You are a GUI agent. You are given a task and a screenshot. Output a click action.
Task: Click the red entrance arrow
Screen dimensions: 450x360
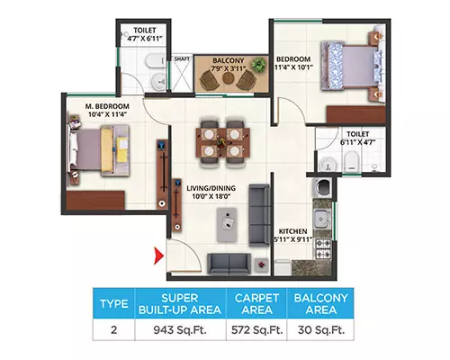coord(158,256)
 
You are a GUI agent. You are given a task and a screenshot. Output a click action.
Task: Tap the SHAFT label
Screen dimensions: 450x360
coord(182,58)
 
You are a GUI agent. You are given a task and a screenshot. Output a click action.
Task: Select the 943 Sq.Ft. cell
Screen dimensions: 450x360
coord(180,330)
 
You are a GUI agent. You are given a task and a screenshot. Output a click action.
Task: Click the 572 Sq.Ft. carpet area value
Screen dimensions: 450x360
coord(257,330)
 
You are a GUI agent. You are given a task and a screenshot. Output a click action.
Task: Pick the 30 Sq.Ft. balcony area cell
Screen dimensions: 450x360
coord(321,330)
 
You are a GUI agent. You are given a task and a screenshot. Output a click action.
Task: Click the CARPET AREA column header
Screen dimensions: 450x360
coord(257,303)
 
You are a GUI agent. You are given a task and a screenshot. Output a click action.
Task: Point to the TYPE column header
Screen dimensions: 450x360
coord(114,303)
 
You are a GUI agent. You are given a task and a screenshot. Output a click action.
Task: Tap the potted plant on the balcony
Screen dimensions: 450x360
coord(258,65)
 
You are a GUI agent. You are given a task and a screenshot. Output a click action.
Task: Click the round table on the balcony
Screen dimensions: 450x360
coord(228,78)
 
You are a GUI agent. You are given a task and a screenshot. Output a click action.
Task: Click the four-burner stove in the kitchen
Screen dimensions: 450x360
coord(322,248)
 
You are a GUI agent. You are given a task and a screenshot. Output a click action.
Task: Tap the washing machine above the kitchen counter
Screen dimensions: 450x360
coord(322,187)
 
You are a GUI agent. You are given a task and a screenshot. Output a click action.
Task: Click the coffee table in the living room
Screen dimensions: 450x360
coord(227,224)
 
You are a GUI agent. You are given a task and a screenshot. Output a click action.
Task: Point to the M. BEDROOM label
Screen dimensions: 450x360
coord(107,106)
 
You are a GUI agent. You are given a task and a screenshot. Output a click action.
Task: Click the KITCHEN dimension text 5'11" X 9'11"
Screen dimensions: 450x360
coord(292,239)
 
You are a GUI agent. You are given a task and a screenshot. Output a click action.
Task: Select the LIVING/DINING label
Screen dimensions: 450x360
coord(211,188)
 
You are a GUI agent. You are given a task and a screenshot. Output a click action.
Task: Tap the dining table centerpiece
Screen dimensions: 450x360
coord(222,142)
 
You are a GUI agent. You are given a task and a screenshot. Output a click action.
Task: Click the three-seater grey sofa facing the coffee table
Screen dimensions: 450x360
coord(259,215)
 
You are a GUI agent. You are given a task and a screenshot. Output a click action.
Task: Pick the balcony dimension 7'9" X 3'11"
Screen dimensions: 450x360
coord(228,68)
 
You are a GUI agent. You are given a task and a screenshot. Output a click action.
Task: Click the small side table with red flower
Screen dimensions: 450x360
coord(262,265)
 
